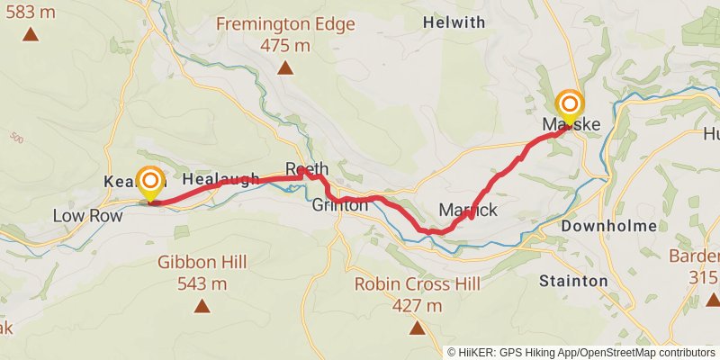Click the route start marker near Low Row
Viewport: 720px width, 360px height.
pyautogui.click(x=150, y=182)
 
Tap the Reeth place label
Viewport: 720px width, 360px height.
pyautogui.click(x=307, y=169)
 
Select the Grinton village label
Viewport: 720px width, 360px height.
pyautogui.click(x=340, y=205)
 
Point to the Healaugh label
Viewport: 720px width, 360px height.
pyautogui.click(x=220, y=179)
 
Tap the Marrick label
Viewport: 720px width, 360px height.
pyautogui.click(x=468, y=210)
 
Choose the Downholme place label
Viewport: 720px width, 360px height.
pyautogui.click(x=609, y=227)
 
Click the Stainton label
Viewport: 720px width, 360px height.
pyautogui.click(x=573, y=281)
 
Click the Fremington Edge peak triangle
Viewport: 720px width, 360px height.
pyautogui.click(x=285, y=67)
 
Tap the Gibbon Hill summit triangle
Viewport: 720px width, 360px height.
pyautogui.click(x=202, y=307)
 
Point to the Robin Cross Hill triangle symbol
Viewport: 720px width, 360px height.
pyautogui.click(x=417, y=328)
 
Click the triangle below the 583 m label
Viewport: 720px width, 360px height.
pyautogui.click(x=31, y=35)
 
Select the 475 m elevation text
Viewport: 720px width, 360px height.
pyautogui.click(x=284, y=44)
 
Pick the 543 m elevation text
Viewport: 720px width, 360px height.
pyautogui.click(x=202, y=283)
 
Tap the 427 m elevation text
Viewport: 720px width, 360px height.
pyautogui.click(x=417, y=305)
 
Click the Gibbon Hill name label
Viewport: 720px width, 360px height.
pyautogui.click(x=202, y=263)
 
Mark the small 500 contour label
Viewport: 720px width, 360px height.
pyautogui.click(x=17, y=139)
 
